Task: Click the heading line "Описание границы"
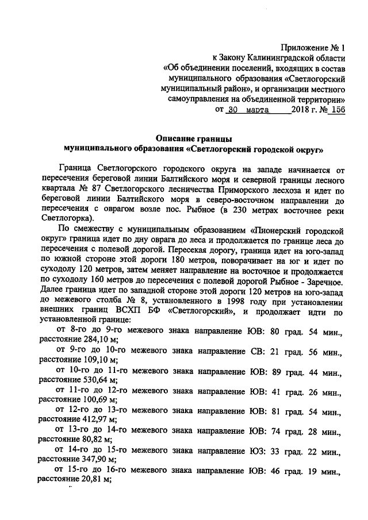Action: click(194, 138)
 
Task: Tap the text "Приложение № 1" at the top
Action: click(313, 48)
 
